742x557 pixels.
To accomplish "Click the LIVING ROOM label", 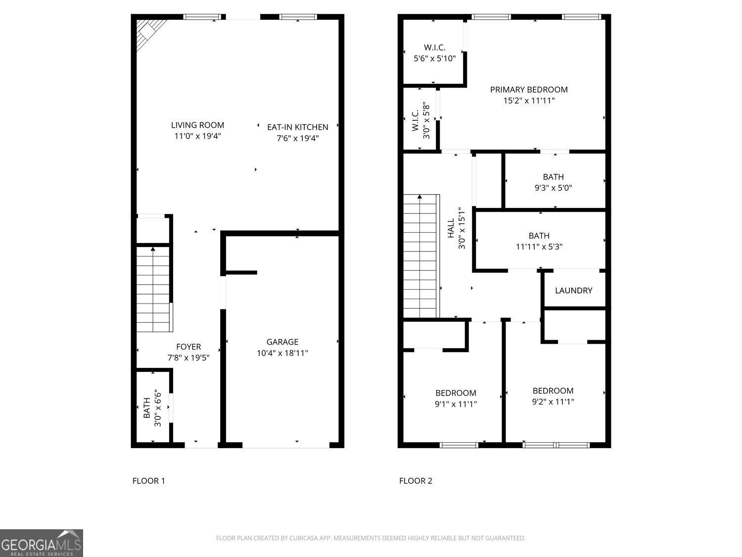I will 197,125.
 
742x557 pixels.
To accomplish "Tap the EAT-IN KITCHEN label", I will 297,127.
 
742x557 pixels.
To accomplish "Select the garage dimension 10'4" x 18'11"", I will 282,353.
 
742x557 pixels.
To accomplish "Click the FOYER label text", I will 188,347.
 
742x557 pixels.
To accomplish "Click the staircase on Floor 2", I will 420,256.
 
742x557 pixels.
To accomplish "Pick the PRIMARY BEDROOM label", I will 529,90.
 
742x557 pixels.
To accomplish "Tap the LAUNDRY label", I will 573,291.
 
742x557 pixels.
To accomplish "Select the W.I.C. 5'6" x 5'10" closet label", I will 434,52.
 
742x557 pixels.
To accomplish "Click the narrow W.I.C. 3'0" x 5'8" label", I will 420,120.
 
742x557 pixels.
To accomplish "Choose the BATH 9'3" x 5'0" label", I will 553,182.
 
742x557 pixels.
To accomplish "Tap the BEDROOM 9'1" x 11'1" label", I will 456,399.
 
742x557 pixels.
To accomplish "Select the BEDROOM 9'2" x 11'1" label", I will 553,396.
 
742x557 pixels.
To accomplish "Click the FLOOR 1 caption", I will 148,481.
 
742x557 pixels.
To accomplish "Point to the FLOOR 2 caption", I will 416,481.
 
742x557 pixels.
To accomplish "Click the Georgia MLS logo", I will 41,543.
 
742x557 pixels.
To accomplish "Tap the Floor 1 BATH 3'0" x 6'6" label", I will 152,408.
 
